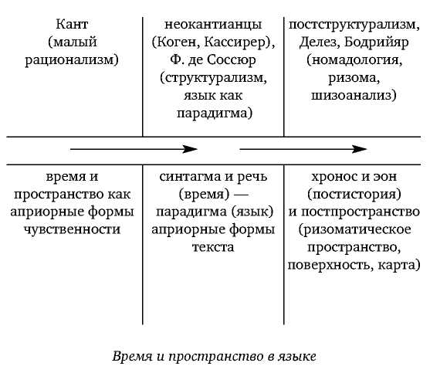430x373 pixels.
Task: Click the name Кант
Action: point(72,24)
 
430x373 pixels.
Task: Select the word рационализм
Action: point(69,60)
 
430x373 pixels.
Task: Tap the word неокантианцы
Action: point(213,25)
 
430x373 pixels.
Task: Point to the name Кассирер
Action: point(235,42)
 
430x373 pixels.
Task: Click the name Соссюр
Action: point(231,59)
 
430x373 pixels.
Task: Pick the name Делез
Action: point(318,42)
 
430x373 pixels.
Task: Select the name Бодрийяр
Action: point(377,42)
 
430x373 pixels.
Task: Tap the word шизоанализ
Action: point(351,96)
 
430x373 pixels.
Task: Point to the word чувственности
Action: point(72,229)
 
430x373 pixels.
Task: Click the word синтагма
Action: point(191,177)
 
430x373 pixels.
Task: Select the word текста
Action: point(213,247)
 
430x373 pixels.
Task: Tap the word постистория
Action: point(354,194)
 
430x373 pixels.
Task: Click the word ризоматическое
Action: point(357,229)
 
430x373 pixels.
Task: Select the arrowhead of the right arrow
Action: point(359,149)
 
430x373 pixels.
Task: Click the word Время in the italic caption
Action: point(132,357)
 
